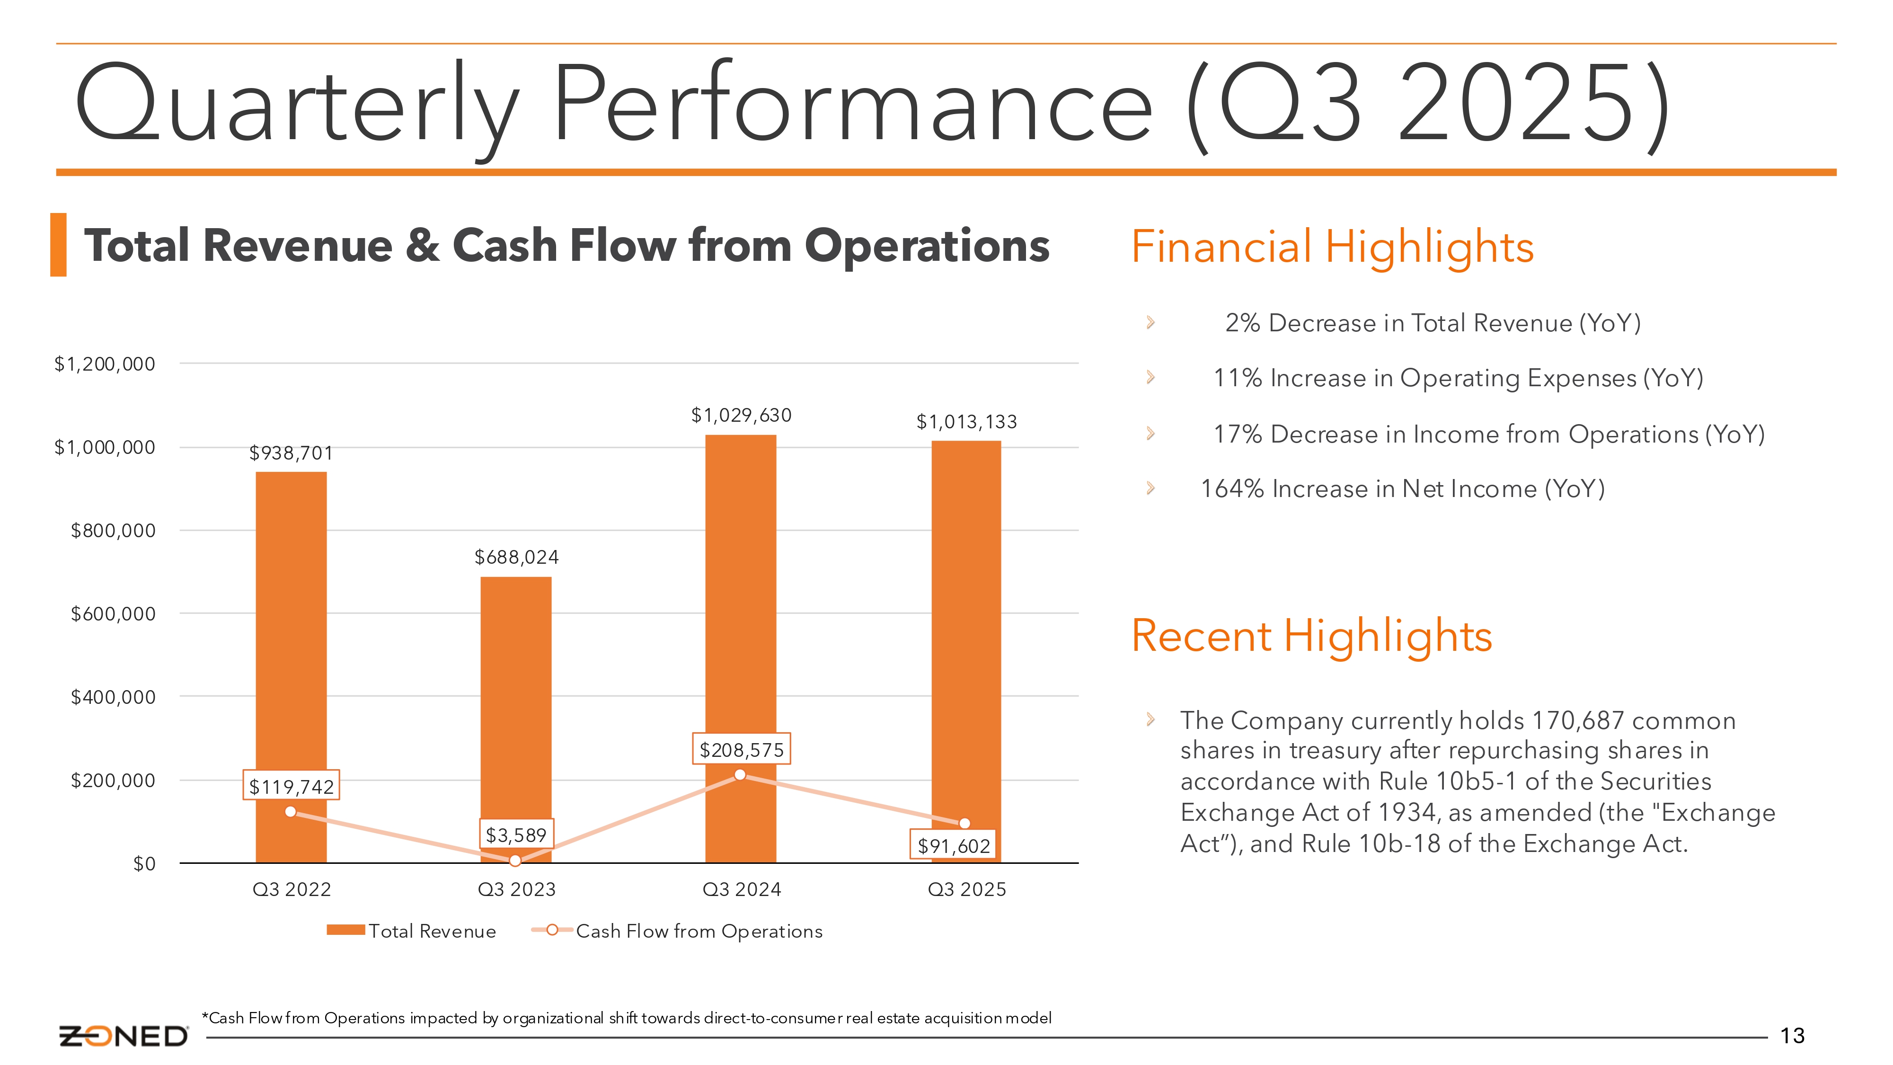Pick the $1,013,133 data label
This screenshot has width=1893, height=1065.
[x=966, y=422]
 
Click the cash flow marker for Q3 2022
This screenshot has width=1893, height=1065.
[x=290, y=811]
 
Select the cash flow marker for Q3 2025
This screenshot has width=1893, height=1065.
[x=965, y=823]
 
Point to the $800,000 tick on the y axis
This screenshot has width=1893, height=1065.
[x=113, y=530]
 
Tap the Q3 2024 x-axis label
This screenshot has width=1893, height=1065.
[x=742, y=889]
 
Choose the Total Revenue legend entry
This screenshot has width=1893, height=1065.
[x=412, y=931]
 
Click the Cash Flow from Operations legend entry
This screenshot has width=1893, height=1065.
[x=677, y=931]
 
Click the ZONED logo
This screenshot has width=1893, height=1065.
[x=124, y=1036]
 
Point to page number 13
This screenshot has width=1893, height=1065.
[x=1792, y=1036]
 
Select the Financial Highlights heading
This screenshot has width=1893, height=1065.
[x=1332, y=246]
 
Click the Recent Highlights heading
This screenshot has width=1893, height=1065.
[x=1312, y=635]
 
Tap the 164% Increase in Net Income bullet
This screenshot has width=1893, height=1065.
[x=1402, y=489]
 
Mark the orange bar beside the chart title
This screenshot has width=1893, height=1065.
[x=58, y=245]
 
